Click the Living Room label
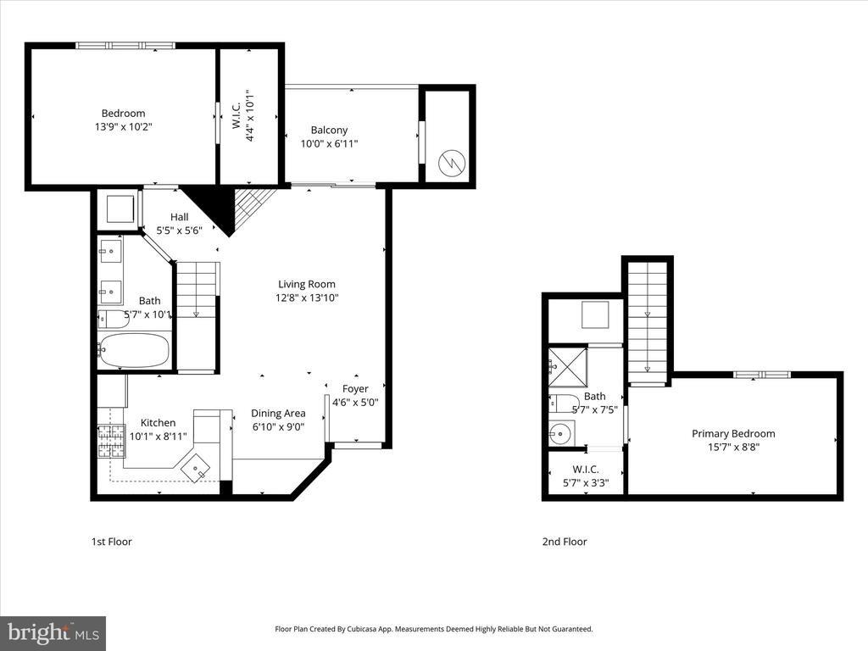tap(307, 285)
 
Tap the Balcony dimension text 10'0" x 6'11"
tap(329, 144)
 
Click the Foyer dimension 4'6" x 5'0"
tap(354, 403)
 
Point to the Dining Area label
tap(278, 414)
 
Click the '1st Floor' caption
tap(112, 542)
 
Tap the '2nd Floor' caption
tap(565, 542)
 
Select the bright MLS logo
tap(53, 633)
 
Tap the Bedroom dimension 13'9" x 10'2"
tap(123, 127)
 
